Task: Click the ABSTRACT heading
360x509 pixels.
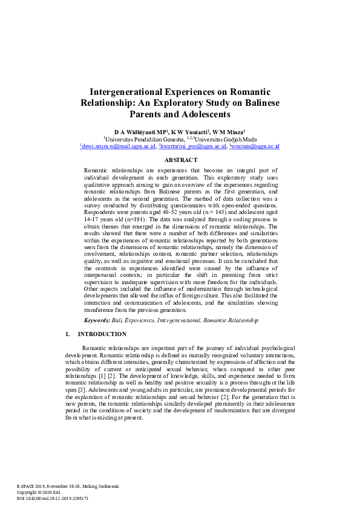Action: [x=180, y=160]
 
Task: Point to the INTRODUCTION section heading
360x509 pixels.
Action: [x=102, y=334]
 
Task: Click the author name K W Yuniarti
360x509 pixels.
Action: [x=189, y=132]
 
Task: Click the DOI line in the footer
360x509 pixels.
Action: [x=53, y=499]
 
